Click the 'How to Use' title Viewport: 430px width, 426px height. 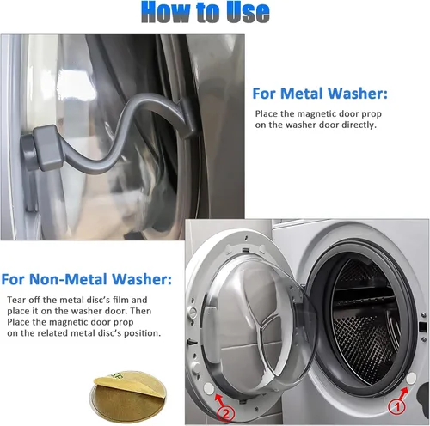206,12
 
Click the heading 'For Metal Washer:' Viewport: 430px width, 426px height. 320,94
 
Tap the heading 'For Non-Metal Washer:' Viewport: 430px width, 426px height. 86,279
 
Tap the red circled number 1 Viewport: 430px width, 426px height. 397,406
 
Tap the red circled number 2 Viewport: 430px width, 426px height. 226,414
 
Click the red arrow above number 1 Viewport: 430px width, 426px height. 403,393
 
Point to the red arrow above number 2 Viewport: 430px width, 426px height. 220,400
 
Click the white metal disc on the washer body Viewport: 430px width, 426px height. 411,379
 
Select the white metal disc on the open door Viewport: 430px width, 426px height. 209,388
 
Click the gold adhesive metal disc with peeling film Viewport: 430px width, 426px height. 127,397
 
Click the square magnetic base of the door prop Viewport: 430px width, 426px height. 47,148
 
